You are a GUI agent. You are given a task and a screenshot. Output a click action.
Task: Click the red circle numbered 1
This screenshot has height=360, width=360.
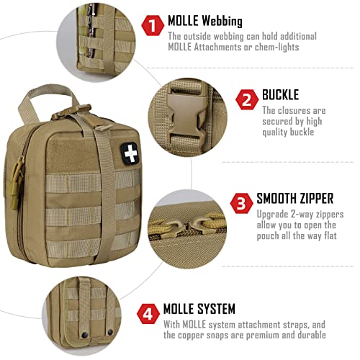152,27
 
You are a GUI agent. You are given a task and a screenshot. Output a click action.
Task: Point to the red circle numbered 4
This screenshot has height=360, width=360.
148,315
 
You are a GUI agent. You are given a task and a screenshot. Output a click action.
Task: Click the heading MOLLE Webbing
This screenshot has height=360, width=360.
204,21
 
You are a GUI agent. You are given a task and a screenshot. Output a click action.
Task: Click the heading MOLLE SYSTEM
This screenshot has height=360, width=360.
201,309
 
